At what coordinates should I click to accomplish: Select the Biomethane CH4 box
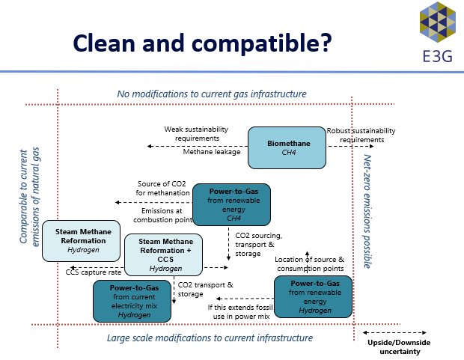[287, 147]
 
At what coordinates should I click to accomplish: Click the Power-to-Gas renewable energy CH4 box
[231, 204]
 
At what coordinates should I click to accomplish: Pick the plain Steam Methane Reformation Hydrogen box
[82, 240]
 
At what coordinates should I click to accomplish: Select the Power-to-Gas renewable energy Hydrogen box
[312, 296]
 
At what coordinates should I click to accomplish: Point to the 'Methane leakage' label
[212, 152]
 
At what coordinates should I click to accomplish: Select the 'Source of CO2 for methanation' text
[165, 189]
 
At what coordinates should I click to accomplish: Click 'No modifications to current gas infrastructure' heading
[212, 94]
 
